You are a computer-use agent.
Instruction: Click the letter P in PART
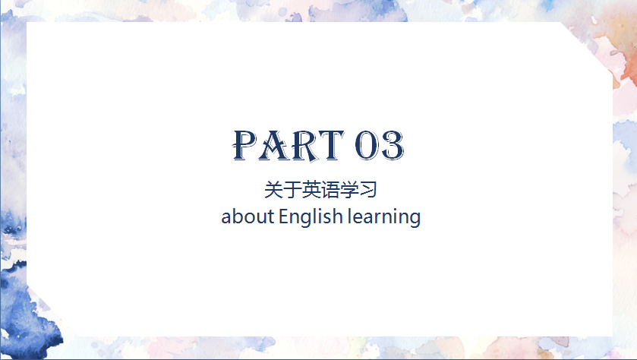[x=245, y=145]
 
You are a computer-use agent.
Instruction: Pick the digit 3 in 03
[x=392, y=145]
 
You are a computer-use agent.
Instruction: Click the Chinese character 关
[x=273, y=190]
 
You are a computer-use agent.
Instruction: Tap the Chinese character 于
[x=292, y=190]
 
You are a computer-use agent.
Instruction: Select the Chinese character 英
[x=311, y=190]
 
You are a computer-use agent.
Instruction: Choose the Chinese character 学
[x=349, y=190]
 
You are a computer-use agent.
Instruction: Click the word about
[x=248, y=216]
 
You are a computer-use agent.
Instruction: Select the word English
[x=311, y=217]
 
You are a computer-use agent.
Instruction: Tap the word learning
[x=384, y=217]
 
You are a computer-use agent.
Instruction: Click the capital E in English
[x=285, y=216]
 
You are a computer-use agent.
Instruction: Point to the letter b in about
[x=238, y=216]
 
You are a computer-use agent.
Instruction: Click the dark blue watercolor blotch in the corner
[x=24, y=313]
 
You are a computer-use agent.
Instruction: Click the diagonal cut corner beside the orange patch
[x=588, y=48]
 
